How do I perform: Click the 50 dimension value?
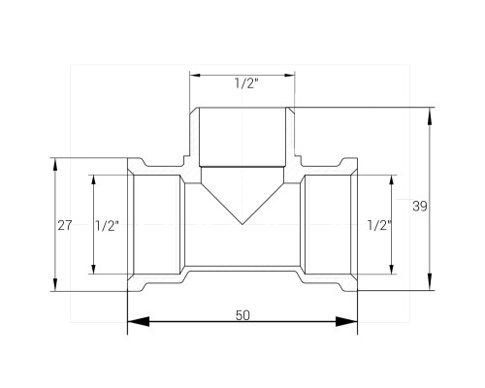coord(242,315)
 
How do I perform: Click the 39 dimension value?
coord(420,206)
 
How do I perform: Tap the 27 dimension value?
coord(65,225)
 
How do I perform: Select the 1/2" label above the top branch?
coord(246,83)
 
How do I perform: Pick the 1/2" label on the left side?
coord(107,225)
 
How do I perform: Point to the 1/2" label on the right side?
coord(379,225)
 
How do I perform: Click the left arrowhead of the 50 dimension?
coord(139,322)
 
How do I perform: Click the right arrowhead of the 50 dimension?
coord(346,322)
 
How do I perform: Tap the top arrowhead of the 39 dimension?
coord(430,116)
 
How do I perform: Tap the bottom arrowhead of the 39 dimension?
coord(430,281)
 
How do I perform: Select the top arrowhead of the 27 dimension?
coord(55,167)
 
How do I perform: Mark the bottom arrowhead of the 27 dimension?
coord(55,282)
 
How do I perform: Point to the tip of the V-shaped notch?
coord(242,224)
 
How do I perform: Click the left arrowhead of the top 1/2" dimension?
coord(195,76)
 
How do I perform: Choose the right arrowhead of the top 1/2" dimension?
coord(289,76)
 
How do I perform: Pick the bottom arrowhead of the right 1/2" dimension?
coord(392,270)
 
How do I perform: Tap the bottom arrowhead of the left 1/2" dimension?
coord(94,270)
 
